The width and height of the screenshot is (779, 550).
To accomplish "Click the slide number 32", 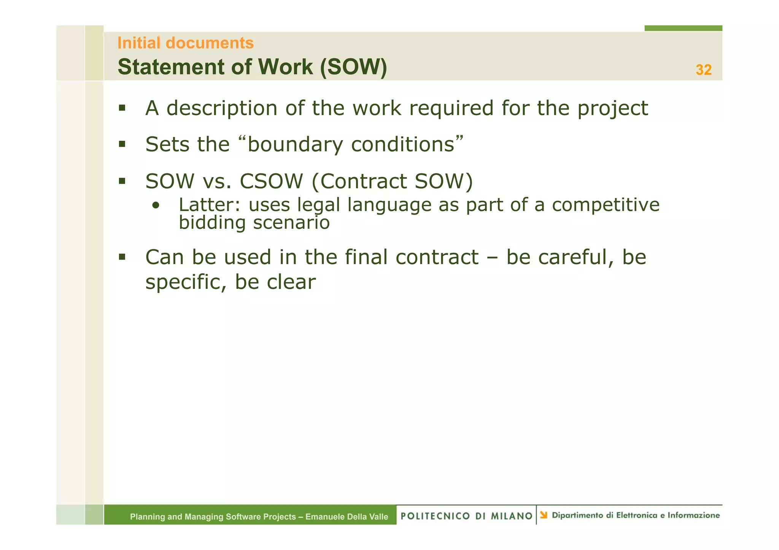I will tap(703, 70).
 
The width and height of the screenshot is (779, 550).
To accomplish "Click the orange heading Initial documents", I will tap(185, 43).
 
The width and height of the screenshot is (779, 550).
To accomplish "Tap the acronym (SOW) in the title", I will tap(353, 67).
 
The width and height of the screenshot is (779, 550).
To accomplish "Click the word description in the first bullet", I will tap(222, 108).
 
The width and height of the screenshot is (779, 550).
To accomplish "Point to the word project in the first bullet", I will tap(612, 109).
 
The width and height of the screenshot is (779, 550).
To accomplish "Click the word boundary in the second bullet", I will tap(295, 145).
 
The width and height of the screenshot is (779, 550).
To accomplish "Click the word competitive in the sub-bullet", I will tap(606, 205).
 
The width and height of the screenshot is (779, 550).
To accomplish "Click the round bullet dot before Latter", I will tap(155, 206).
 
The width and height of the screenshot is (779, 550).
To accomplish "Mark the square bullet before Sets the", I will tap(122, 144).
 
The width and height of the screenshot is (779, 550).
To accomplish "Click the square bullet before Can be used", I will tap(122, 257).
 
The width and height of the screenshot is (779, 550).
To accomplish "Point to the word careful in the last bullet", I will tap(576, 257).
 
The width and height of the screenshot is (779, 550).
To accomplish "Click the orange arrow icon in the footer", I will tap(544, 515).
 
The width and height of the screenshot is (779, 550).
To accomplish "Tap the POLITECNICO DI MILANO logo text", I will tap(466, 516).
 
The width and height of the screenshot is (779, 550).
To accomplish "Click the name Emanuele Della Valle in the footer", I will tap(347, 517).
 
